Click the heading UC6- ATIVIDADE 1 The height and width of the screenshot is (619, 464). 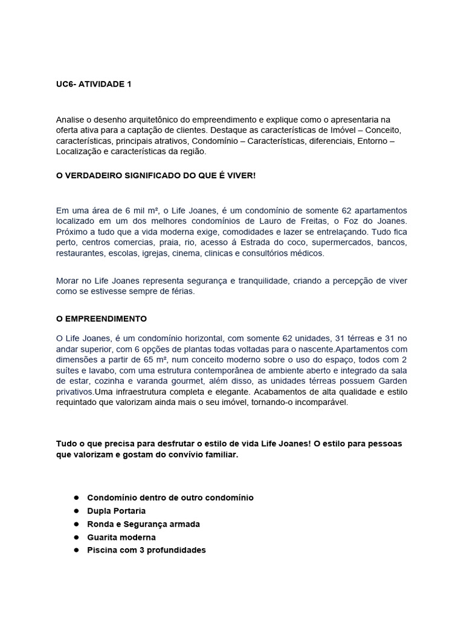tap(93, 85)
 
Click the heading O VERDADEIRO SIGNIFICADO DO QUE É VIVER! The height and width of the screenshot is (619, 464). tap(156, 175)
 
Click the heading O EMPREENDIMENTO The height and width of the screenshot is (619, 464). tap(101, 319)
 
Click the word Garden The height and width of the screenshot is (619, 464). tap(390, 381)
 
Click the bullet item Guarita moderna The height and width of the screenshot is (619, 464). tap(121, 537)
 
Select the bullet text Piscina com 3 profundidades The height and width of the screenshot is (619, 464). tap(147, 550)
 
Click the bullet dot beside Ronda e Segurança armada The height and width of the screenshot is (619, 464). tap(77, 524)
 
